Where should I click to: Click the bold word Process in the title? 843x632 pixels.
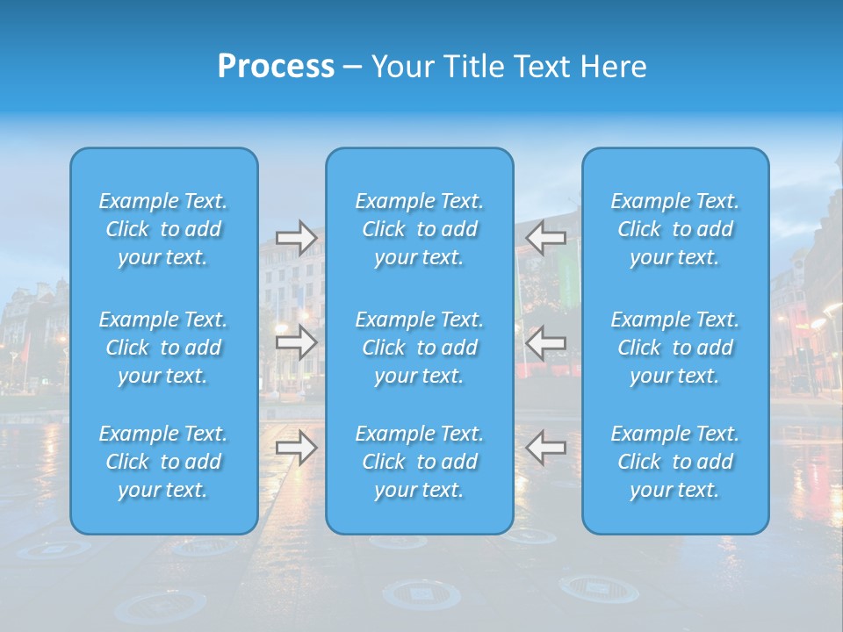(276, 67)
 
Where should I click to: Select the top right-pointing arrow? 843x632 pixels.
(297, 237)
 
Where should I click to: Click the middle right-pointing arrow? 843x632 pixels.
(297, 341)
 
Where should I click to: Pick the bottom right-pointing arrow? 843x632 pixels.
(297, 447)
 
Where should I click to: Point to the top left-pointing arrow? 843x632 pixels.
(545, 237)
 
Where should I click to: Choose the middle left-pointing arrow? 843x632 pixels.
(545, 341)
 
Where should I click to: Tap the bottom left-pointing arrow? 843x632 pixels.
(545, 447)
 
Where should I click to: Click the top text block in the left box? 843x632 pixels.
(163, 229)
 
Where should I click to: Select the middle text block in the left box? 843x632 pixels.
(163, 348)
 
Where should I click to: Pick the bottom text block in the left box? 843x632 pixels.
(163, 462)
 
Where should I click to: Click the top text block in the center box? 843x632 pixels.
(420, 229)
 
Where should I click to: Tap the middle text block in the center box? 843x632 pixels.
(420, 348)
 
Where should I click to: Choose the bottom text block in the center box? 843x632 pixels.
(420, 462)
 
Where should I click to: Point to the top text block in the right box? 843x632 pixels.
(675, 229)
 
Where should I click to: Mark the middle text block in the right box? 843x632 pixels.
(675, 348)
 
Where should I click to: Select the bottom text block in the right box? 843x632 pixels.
(675, 462)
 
